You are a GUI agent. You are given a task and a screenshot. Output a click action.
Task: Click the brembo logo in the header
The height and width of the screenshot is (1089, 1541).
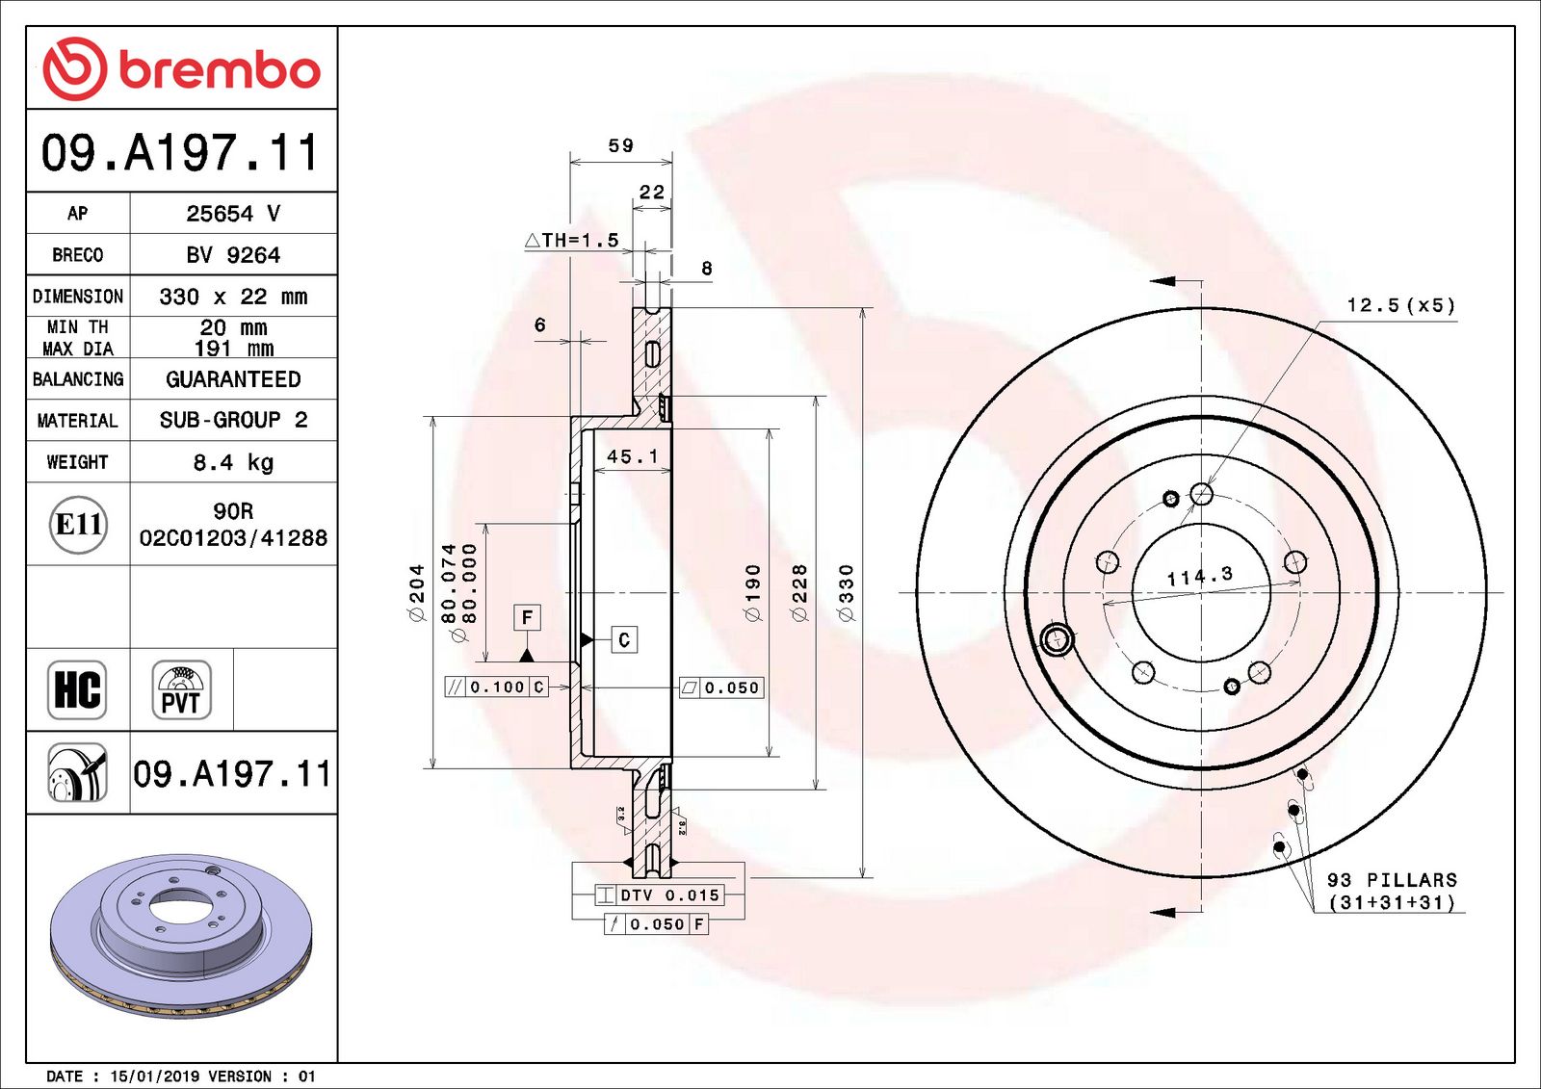[x=181, y=69]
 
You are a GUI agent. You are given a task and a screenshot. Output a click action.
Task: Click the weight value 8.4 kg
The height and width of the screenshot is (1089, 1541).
[x=233, y=462]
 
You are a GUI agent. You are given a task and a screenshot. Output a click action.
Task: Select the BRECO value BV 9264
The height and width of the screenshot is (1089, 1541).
[x=233, y=255]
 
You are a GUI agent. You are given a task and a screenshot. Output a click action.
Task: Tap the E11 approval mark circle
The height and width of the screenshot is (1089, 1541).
[x=78, y=525]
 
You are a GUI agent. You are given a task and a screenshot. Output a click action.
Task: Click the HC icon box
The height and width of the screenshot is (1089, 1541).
[x=77, y=689]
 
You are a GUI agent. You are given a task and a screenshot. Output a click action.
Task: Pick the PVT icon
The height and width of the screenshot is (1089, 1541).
[x=181, y=689]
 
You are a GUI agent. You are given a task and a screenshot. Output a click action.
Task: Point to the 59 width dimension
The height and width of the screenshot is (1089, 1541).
[x=621, y=145]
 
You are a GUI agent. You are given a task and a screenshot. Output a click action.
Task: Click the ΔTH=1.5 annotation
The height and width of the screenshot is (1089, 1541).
[x=572, y=240]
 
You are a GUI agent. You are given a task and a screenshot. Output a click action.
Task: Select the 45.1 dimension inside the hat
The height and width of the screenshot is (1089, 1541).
[x=632, y=456]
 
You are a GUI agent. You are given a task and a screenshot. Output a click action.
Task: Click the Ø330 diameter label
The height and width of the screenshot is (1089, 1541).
[x=846, y=592]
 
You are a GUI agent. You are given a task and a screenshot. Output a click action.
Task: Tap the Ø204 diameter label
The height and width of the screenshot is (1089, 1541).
[x=416, y=592]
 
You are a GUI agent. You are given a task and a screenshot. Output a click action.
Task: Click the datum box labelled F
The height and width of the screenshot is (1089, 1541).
[x=527, y=617]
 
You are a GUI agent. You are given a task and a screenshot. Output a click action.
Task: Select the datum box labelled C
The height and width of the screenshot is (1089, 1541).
[x=624, y=639]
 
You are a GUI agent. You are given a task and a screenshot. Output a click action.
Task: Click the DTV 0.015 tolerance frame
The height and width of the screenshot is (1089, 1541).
[x=659, y=895]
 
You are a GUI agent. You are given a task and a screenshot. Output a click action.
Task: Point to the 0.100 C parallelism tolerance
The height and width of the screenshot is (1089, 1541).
[x=496, y=687]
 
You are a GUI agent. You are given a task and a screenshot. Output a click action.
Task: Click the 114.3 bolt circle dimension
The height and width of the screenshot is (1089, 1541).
[x=1199, y=577]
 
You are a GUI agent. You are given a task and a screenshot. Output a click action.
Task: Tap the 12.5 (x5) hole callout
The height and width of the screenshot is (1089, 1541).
[x=1400, y=305]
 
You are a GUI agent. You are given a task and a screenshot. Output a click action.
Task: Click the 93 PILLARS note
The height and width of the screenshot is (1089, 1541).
[x=1391, y=880]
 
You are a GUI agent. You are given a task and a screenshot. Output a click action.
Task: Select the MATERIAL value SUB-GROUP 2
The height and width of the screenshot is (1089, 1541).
[x=233, y=420]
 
